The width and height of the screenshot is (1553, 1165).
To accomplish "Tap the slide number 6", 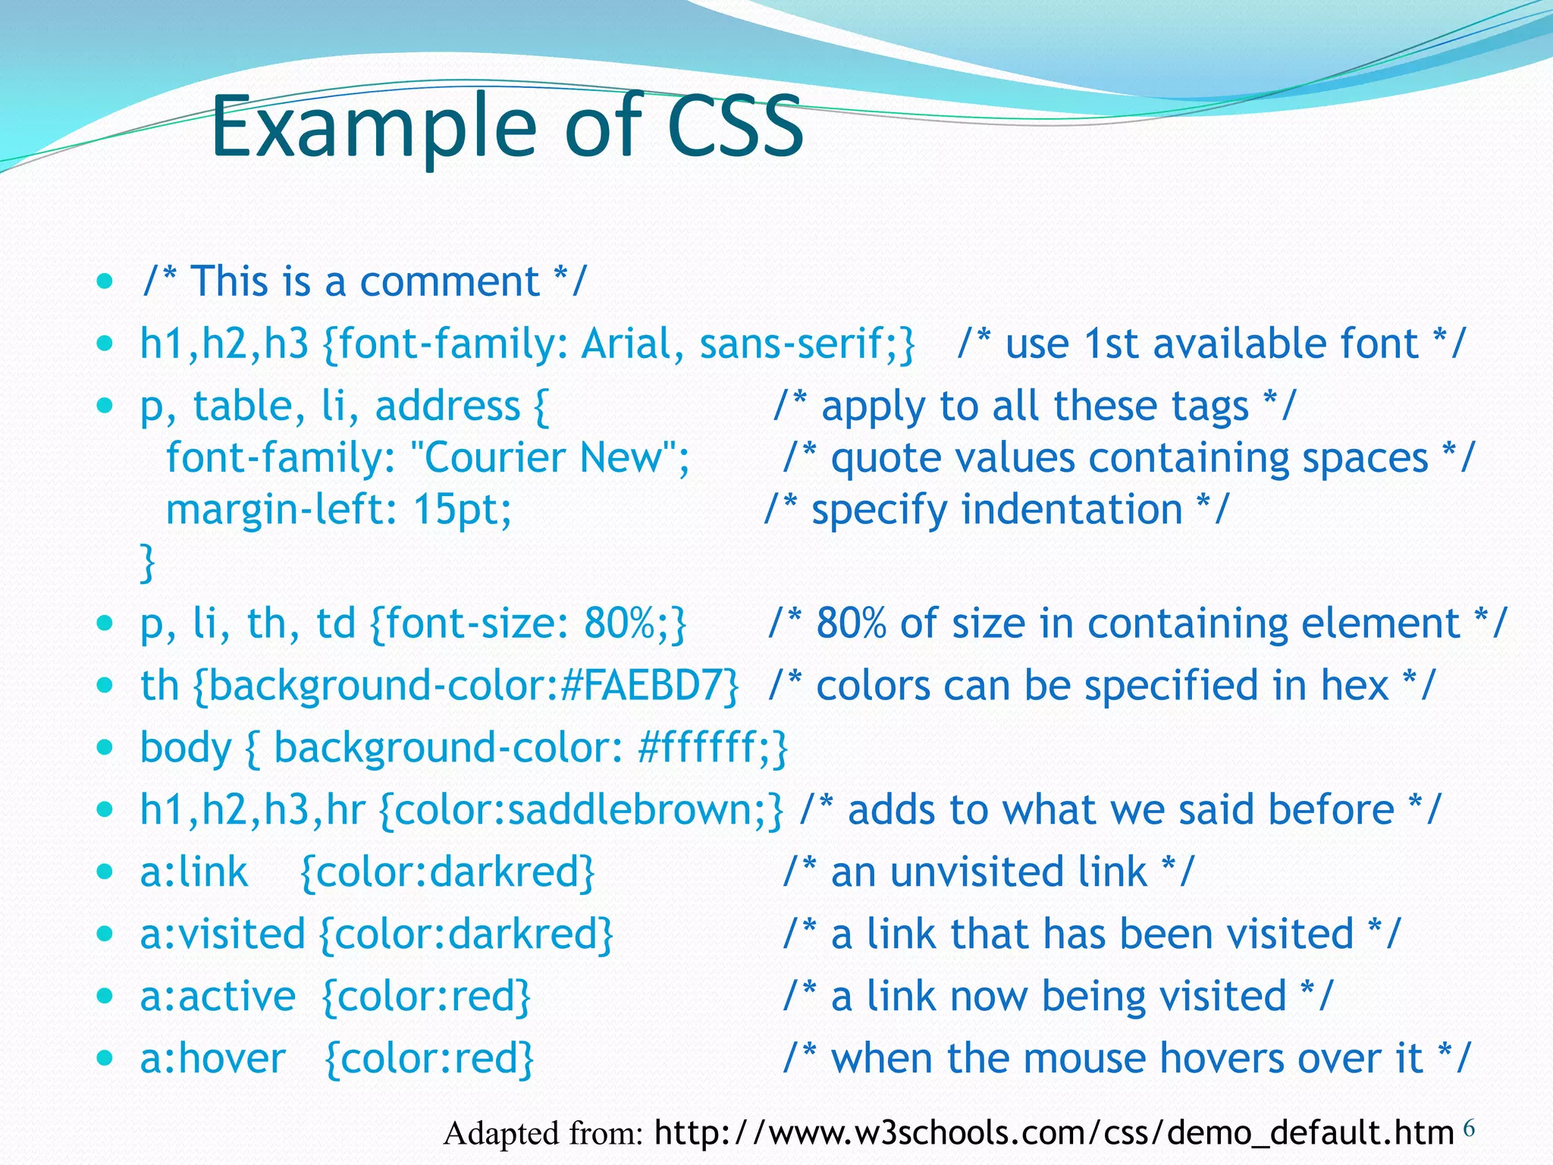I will click(x=1469, y=1129).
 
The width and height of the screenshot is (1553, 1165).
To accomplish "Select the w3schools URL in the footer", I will click(x=1053, y=1132).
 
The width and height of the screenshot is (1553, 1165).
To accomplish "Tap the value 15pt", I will click(x=461, y=510).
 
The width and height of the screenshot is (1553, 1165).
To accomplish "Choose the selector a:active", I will click(x=218, y=997).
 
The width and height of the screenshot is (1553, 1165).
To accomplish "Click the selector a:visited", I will click(x=222, y=934).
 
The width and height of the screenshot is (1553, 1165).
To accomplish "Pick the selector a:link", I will click(x=194, y=872).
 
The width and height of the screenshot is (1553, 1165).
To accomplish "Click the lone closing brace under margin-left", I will click(x=148, y=562).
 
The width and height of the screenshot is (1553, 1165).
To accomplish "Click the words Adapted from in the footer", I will click(x=543, y=1134).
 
